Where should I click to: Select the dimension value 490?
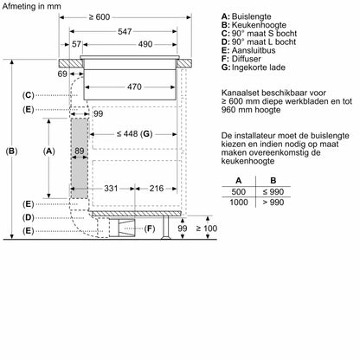coord(145,44)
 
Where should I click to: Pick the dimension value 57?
coord(76,44)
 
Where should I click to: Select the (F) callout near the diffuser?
coord(148,228)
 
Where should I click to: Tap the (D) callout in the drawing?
coord(29,216)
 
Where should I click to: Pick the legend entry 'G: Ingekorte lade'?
coord(259,67)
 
